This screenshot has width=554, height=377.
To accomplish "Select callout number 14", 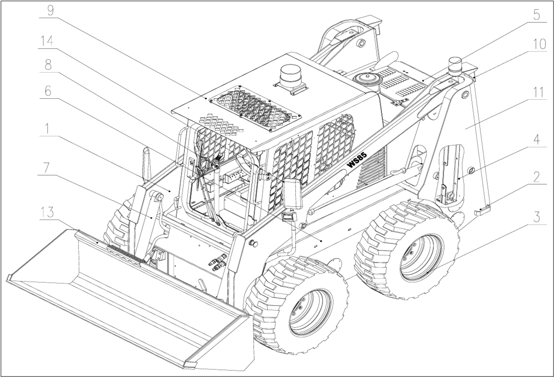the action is coord(47,42).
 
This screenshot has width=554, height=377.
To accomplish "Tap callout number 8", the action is coord(47,65).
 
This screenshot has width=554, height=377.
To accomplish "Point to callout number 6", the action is coord(47,91).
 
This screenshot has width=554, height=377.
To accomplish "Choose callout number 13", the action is coord(47,212).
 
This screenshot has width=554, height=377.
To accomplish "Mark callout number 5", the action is coord(536,14).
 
